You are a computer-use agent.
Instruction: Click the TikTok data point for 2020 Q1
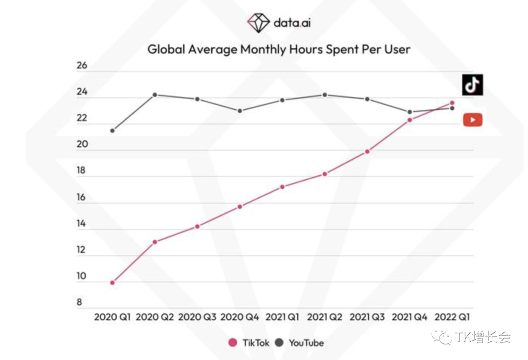click(x=112, y=282)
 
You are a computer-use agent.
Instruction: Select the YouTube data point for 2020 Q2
click(x=154, y=95)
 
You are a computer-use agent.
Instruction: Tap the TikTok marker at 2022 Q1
click(x=452, y=103)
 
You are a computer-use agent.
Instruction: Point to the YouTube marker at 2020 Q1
click(x=112, y=130)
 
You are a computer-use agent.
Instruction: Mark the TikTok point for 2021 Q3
click(x=367, y=151)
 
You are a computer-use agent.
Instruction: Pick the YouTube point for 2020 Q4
click(x=240, y=111)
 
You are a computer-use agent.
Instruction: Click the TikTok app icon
click(x=472, y=85)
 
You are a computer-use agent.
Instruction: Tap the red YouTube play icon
click(x=472, y=120)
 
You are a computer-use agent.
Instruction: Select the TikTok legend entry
click(x=249, y=343)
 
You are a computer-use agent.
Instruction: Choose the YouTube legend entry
click(x=300, y=343)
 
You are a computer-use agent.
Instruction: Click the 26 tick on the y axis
click(x=82, y=65)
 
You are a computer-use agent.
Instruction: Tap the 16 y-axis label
click(x=81, y=197)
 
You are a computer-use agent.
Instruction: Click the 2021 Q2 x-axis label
click(x=325, y=317)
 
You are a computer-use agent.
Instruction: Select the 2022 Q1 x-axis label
click(x=452, y=317)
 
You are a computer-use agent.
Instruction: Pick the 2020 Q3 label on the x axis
click(x=197, y=317)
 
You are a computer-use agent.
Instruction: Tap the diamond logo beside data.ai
click(x=258, y=22)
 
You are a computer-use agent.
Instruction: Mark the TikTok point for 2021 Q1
click(x=282, y=187)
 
